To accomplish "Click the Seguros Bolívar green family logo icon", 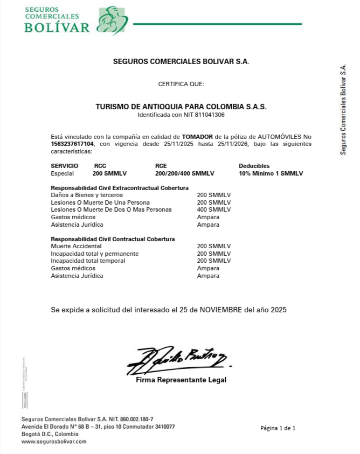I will (112, 20).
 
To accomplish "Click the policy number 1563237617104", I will (72, 144).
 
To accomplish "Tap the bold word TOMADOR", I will (197, 137).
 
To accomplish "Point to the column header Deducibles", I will (254, 166).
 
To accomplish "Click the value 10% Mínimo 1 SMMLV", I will (271, 173).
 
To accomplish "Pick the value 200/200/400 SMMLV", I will (184, 173).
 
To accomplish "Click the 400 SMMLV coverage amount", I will (213, 209).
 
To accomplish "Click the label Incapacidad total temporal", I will (88, 261).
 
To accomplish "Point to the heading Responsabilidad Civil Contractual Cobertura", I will (113, 239).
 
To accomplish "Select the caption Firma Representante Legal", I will (181, 380).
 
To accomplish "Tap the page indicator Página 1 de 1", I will (278, 428).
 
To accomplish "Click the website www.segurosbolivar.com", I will (54, 441).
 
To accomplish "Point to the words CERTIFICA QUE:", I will (181, 84).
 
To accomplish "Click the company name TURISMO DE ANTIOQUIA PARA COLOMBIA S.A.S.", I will (181, 107).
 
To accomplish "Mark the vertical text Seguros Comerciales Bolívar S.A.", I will (343, 110).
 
